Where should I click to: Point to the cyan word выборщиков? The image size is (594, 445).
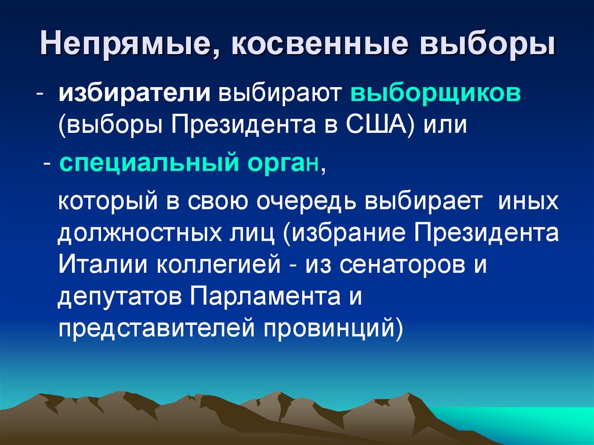(x=436, y=95)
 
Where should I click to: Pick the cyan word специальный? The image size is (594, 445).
(x=145, y=165)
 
